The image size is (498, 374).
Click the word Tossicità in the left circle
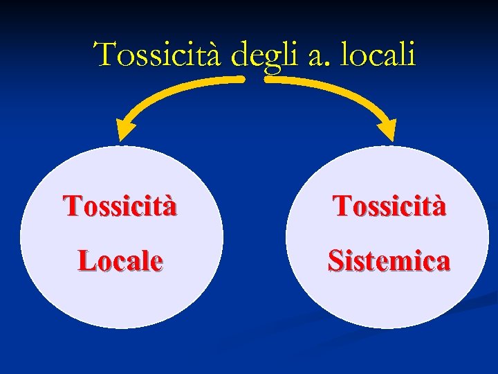[x=120, y=206]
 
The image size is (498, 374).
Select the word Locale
[x=120, y=260]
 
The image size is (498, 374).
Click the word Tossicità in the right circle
[x=389, y=206]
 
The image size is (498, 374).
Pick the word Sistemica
[x=389, y=260]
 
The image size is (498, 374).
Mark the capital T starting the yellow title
[x=105, y=54]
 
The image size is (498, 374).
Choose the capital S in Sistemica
[x=335, y=260]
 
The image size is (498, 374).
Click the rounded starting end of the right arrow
[x=269, y=80]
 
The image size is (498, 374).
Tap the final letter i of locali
[x=412, y=54]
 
